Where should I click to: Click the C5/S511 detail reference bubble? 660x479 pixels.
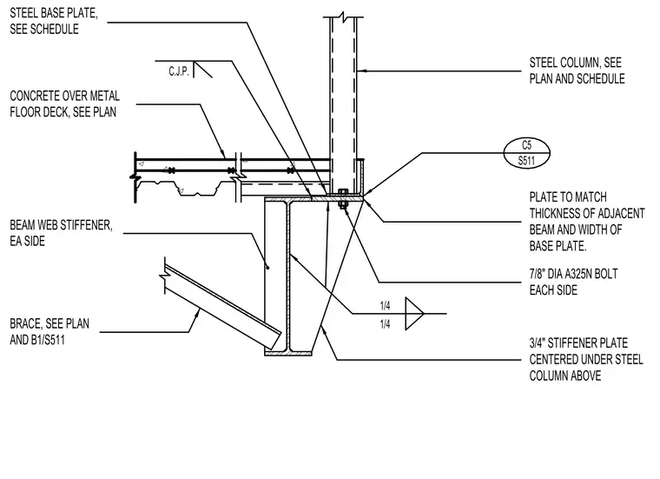(x=526, y=152)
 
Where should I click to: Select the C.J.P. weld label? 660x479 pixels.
(x=179, y=71)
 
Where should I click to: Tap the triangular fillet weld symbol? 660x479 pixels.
(x=414, y=314)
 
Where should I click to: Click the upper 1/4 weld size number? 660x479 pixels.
(x=385, y=306)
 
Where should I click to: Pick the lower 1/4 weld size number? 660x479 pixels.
(x=385, y=324)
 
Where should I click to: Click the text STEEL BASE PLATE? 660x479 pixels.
(x=54, y=13)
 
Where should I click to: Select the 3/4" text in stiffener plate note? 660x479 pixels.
(x=537, y=343)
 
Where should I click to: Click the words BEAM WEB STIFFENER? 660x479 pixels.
(x=61, y=225)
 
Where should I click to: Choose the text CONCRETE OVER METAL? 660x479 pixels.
(x=65, y=96)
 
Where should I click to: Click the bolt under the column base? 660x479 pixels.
(x=343, y=198)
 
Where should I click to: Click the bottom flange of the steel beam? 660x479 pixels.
(x=288, y=353)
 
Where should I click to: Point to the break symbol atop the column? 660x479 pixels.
(x=344, y=17)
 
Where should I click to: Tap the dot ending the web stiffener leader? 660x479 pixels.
(x=267, y=267)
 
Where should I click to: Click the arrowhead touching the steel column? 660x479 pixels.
(x=360, y=71)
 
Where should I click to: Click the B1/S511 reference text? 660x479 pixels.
(x=48, y=340)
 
